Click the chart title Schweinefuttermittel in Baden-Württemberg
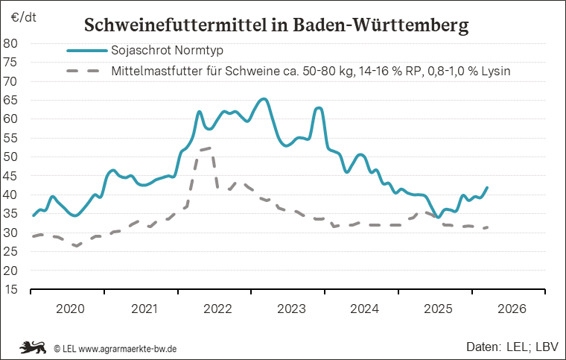(276, 25)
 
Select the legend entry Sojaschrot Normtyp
(167, 51)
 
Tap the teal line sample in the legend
(85, 51)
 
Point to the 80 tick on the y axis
(12, 42)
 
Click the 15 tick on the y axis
(12, 290)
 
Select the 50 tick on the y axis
(12, 157)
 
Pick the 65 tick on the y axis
(12, 99)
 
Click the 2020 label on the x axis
(70, 308)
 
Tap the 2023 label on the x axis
(290, 308)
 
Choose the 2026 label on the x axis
(512, 308)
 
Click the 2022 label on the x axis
(217, 308)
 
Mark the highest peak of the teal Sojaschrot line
(264, 99)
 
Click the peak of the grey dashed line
(209, 148)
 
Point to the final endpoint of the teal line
(487, 188)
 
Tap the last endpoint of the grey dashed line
(487, 227)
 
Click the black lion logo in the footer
(34, 347)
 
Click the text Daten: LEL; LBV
(508, 347)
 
